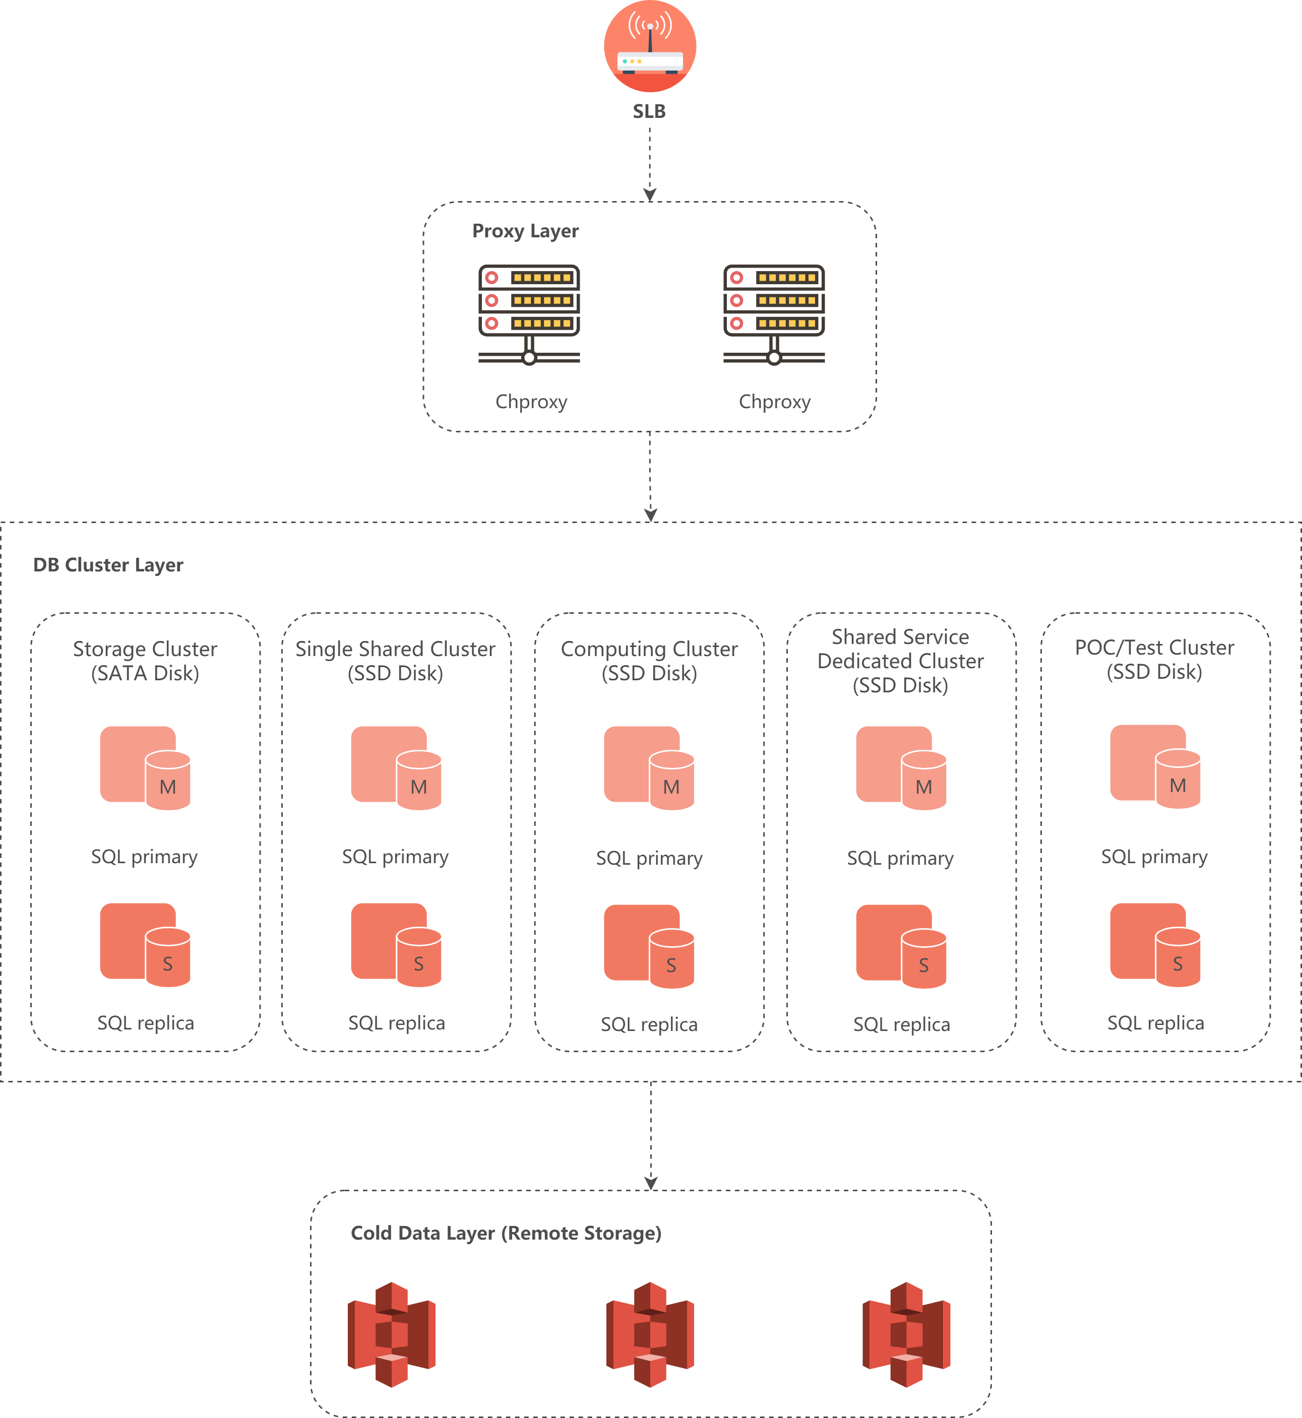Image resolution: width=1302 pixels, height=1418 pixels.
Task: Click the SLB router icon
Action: click(650, 46)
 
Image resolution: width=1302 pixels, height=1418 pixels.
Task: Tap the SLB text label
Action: click(649, 111)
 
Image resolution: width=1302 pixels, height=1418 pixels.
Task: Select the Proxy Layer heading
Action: click(525, 231)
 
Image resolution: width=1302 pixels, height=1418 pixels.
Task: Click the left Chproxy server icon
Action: click(529, 314)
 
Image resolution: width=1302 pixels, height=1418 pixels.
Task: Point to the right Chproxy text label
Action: click(774, 402)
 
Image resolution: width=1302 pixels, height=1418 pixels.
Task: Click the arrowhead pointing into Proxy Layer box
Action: click(650, 195)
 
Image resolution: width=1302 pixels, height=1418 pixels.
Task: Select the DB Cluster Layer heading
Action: click(108, 565)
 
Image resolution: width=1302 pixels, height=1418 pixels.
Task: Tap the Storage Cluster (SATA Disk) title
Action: click(145, 661)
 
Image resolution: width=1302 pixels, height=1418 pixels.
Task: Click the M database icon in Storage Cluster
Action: click(146, 768)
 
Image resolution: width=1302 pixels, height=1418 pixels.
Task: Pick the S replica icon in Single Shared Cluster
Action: click(397, 945)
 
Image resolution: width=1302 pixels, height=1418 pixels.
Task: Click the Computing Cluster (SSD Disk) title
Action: click(649, 661)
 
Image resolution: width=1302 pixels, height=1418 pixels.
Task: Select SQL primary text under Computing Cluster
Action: click(649, 858)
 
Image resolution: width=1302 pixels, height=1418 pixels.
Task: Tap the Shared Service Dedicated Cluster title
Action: click(900, 661)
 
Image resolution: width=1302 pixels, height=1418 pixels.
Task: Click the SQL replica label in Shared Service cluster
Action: click(901, 1024)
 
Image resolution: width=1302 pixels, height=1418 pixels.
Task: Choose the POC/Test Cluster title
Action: click(1154, 659)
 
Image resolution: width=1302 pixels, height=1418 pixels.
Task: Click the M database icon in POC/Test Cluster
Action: click(1155, 766)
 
